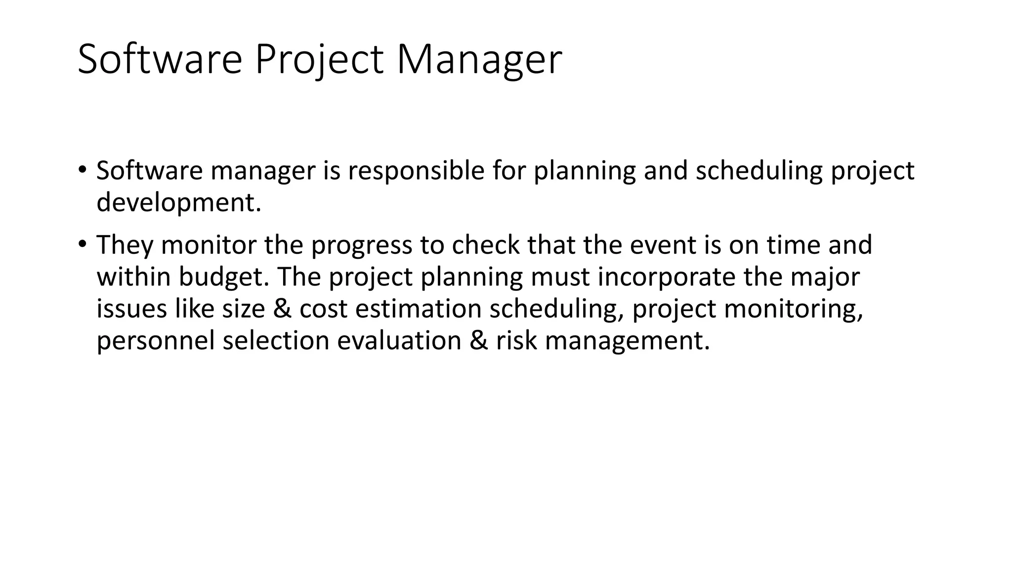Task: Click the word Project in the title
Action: click(x=319, y=60)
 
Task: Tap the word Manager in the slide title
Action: click(x=479, y=60)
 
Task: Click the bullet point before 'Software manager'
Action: click(x=82, y=170)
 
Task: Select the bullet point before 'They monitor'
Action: click(x=82, y=244)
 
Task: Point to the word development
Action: click(x=178, y=203)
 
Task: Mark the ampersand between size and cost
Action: click(x=282, y=309)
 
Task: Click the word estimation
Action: click(x=418, y=309)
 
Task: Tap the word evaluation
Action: click(x=399, y=341)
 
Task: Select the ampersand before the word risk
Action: click(x=478, y=341)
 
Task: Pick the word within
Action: click(x=133, y=277)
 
